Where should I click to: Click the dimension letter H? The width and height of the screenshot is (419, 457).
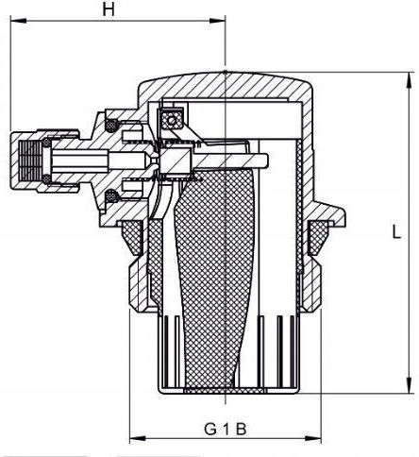(109, 10)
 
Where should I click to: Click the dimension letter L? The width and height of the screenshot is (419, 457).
(397, 233)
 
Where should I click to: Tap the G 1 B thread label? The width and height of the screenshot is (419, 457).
(225, 429)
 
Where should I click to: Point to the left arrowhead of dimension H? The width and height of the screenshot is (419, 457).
(18, 21)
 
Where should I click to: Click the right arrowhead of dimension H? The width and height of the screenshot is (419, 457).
(218, 21)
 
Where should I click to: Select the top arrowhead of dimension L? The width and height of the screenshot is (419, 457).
(410, 80)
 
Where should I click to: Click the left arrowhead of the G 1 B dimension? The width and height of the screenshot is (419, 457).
(138, 438)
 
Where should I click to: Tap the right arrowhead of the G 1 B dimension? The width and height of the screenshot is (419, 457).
(313, 438)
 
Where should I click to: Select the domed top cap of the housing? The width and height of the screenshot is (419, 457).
(226, 86)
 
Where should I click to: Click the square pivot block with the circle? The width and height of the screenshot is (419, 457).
(172, 119)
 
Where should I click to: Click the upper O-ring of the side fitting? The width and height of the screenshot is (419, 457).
(110, 125)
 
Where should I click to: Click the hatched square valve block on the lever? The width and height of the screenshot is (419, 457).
(176, 160)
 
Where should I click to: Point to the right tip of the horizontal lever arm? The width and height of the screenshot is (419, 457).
(268, 160)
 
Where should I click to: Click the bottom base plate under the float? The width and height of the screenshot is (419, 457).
(226, 391)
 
